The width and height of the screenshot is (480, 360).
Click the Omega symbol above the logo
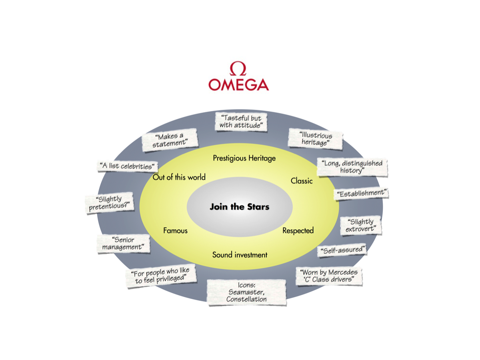tap(238, 68)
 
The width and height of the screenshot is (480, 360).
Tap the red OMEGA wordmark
tap(238, 84)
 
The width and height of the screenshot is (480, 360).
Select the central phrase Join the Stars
tap(240, 207)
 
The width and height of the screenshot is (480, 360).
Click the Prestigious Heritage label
tap(244, 158)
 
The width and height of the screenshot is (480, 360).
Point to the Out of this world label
tap(179, 177)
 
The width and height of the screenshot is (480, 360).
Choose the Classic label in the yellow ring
tap(302, 181)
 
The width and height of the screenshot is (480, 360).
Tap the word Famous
tap(175, 230)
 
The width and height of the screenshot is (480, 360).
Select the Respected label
tap(298, 230)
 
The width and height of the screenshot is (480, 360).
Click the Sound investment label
tap(240, 254)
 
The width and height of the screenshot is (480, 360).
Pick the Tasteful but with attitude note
tap(241, 122)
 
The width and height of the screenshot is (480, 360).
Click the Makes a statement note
tap(170, 140)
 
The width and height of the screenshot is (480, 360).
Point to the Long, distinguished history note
tap(352, 167)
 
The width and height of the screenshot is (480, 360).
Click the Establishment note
tap(362, 193)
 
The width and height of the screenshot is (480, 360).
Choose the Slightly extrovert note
tap(360, 226)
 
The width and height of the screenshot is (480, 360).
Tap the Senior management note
tap(123, 244)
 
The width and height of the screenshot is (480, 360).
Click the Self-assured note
tap(342, 250)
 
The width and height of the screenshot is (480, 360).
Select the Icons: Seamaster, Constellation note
tap(246, 292)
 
